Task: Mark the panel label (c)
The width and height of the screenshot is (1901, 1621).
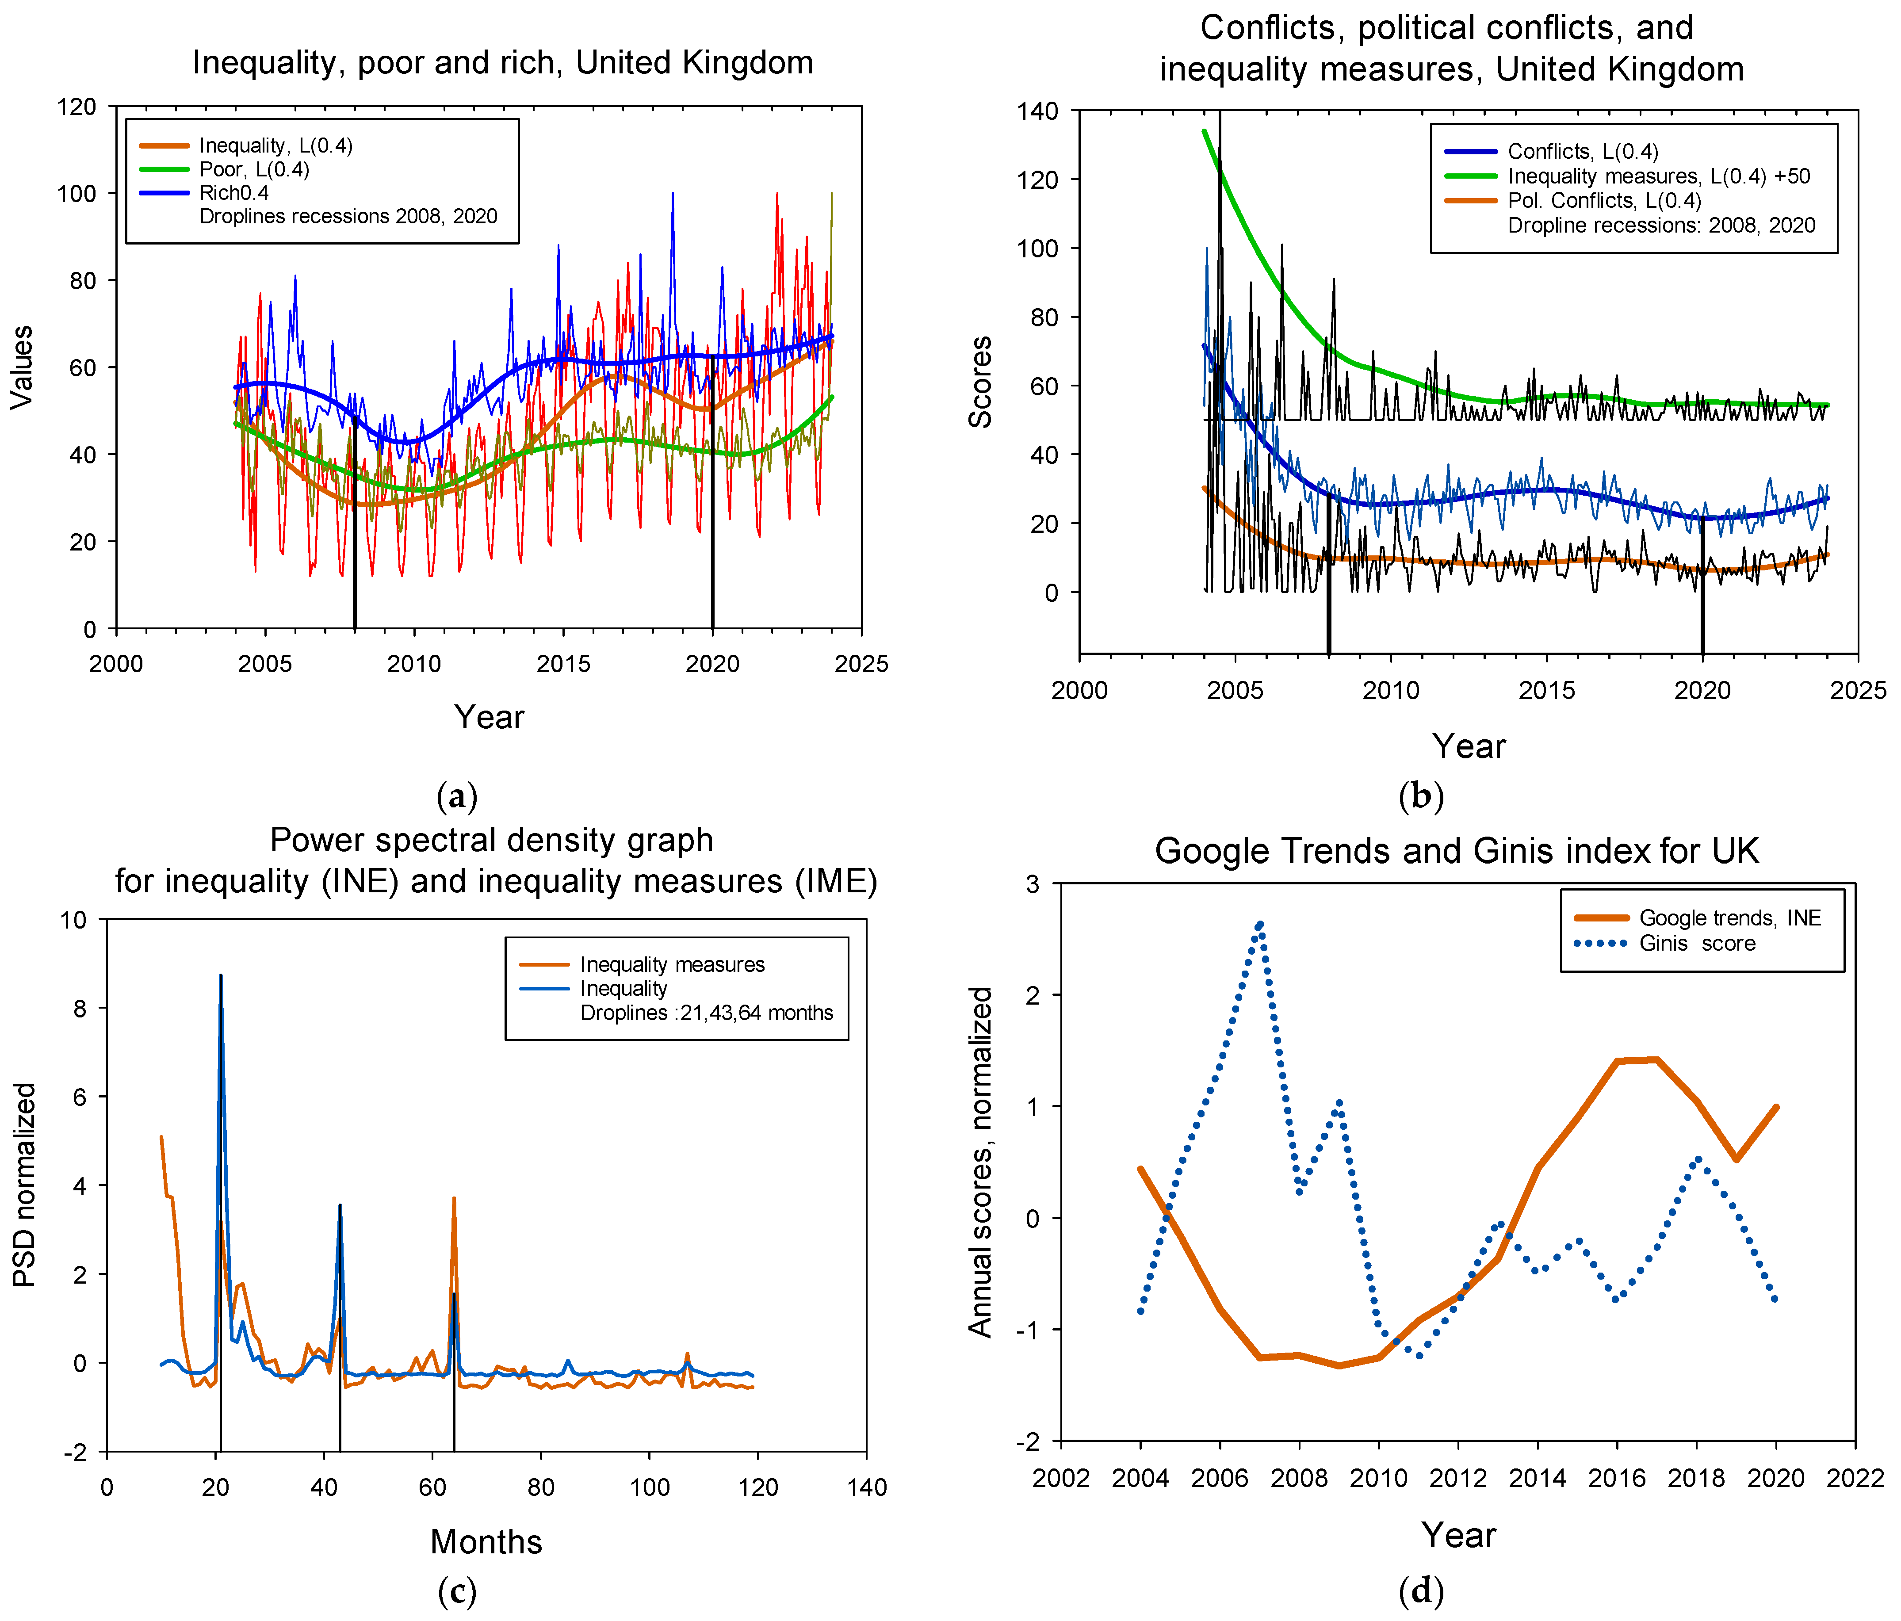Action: (x=457, y=1592)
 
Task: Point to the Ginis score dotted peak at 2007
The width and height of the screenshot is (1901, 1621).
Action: (x=1260, y=925)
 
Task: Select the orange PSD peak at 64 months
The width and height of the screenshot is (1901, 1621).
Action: (x=453, y=1199)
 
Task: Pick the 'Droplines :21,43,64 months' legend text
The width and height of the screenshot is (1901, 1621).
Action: (x=707, y=1013)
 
